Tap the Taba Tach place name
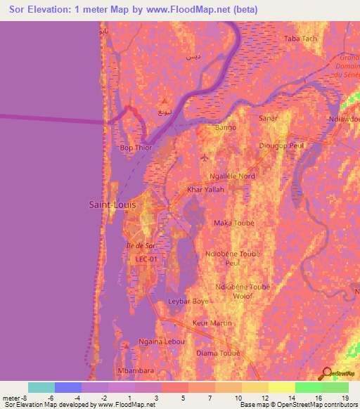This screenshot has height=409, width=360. coord(301,39)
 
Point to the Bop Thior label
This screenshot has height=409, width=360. coord(136,148)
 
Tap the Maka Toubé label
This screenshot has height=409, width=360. coord(233,223)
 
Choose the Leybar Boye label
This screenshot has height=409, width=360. coord(188,301)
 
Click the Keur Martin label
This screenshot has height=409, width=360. coord(212,323)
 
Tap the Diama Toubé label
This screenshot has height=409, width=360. coord(218,353)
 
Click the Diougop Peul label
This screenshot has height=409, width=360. coord(281,145)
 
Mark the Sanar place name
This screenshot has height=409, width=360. coord(269,119)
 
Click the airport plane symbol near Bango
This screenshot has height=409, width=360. coord(205,156)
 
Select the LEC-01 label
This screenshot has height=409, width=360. coord(148,259)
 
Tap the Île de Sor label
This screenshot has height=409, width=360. coord(139,245)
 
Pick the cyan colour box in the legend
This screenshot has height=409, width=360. coord(41,387)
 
